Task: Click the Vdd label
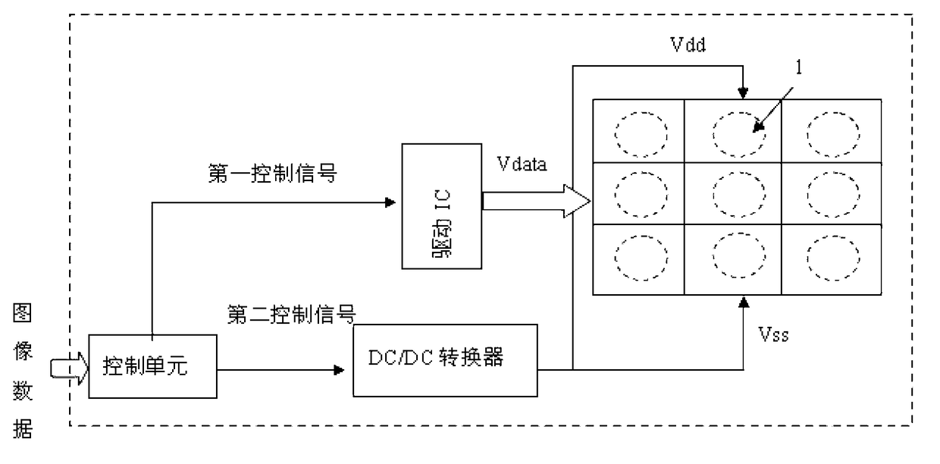(x=688, y=45)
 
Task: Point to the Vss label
(x=773, y=335)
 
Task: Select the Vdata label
(x=522, y=164)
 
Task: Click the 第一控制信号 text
(x=273, y=174)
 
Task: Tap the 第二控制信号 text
(x=292, y=314)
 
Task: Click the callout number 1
(x=798, y=67)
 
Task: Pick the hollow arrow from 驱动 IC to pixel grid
(x=537, y=201)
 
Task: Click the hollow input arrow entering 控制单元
(x=69, y=368)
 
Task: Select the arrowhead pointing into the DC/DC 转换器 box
(x=339, y=370)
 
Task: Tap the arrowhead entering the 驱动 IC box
(x=390, y=202)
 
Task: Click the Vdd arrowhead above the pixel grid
(x=743, y=92)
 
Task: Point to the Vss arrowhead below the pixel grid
(x=744, y=302)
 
